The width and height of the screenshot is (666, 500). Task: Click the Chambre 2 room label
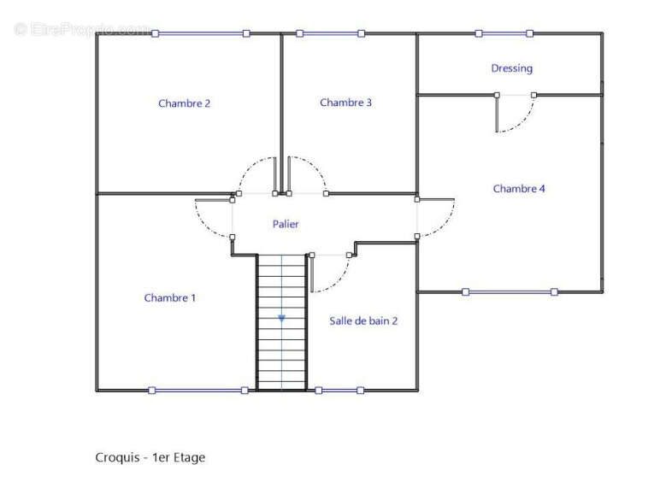pyautogui.click(x=184, y=103)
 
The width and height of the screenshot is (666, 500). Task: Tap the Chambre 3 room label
pyautogui.click(x=345, y=103)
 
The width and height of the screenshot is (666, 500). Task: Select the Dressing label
pyautogui.click(x=511, y=68)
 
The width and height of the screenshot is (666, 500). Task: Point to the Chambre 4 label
pyautogui.click(x=519, y=188)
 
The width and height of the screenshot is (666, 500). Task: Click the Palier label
pyautogui.click(x=286, y=224)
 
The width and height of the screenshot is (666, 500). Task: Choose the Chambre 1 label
pyautogui.click(x=170, y=298)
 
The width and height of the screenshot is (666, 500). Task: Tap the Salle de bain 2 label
pyautogui.click(x=363, y=321)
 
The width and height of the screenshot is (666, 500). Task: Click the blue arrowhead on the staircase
pyautogui.click(x=281, y=318)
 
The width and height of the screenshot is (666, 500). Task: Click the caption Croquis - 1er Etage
pyautogui.click(x=150, y=457)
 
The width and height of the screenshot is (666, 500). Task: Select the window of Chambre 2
pyautogui.click(x=200, y=33)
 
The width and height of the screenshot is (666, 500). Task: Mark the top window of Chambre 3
pyautogui.click(x=331, y=33)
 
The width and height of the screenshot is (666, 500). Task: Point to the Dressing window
pyautogui.click(x=504, y=33)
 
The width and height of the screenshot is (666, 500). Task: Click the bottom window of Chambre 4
pyautogui.click(x=510, y=292)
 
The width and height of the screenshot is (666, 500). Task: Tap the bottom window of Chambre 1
pyautogui.click(x=198, y=391)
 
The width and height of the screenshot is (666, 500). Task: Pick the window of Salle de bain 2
pyautogui.click(x=339, y=391)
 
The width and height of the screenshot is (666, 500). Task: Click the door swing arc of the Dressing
pyautogui.click(x=523, y=121)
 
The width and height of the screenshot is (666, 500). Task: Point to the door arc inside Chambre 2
pyautogui.click(x=250, y=167)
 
